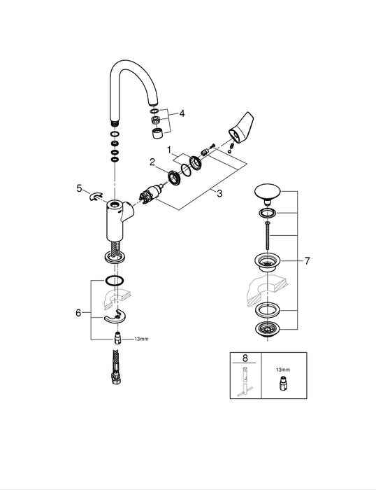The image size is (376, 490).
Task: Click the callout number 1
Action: [x=169, y=150]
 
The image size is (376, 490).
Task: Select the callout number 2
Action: [x=151, y=162]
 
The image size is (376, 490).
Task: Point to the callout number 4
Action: [x=182, y=113]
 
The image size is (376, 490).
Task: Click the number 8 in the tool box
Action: [x=245, y=357]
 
